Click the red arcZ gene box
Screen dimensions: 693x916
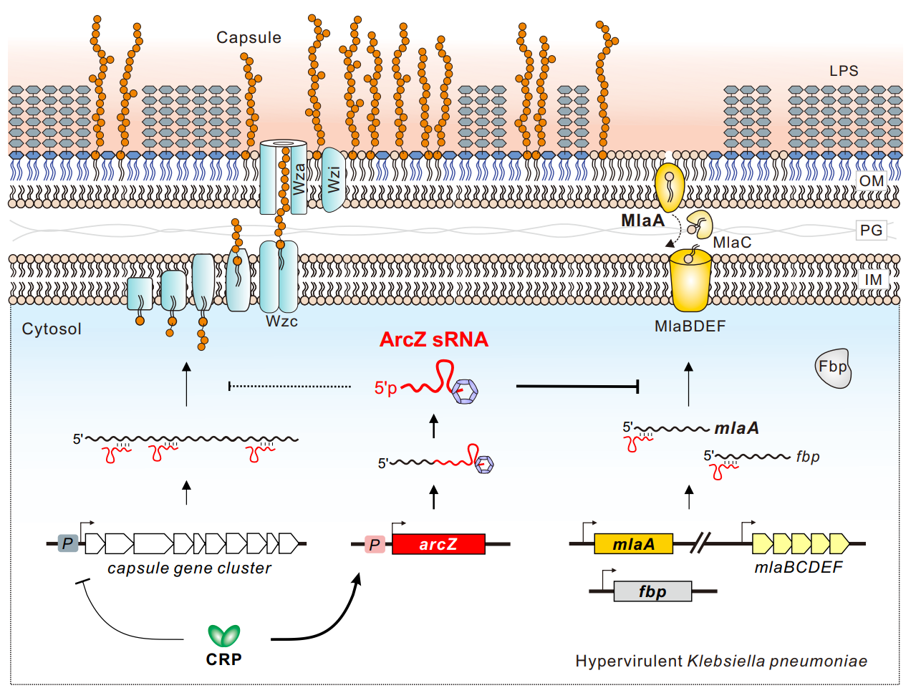coord(438,544)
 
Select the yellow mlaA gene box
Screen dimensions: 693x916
coord(633,544)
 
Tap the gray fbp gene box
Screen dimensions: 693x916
coord(652,591)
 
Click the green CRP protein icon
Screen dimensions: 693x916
coord(223,635)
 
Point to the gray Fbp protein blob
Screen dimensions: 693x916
coord(833,368)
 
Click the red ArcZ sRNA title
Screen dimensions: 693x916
coord(434,339)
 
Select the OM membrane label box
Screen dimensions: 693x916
coord(871,181)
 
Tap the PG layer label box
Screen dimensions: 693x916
coord(871,231)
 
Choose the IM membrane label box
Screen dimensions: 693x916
coord(873,279)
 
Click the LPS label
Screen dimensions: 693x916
coord(844,71)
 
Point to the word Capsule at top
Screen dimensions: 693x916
coord(249,38)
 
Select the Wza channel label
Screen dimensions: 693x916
coord(299,179)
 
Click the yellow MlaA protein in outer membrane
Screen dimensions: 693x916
coord(670,188)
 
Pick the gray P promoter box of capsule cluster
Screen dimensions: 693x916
coord(67,543)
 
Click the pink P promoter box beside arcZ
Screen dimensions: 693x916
coord(375,545)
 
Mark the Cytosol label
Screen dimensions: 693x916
coord(52,329)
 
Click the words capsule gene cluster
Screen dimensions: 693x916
coord(190,568)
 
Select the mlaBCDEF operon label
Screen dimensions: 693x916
coord(798,568)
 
